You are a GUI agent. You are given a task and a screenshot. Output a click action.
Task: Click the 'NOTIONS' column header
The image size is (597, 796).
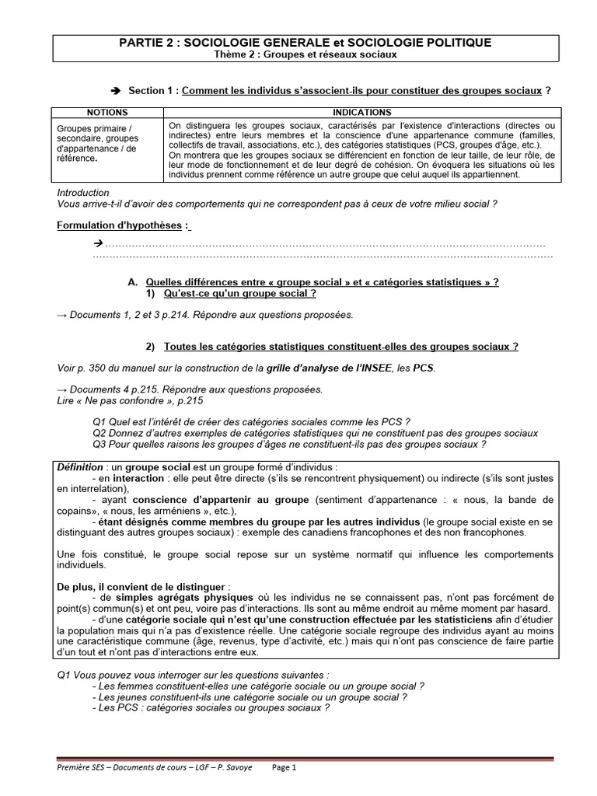click(107, 113)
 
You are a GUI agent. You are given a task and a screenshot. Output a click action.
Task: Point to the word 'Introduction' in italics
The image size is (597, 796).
click(83, 193)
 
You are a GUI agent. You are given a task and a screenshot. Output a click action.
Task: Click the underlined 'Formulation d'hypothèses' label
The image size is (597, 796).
click(120, 225)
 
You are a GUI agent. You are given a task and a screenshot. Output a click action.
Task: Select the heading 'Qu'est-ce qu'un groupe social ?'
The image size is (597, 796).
click(239, 294)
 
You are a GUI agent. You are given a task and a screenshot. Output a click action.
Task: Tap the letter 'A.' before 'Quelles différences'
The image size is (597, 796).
click(132, 282)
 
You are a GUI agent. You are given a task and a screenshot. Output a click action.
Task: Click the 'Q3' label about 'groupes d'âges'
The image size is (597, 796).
click(99, 445)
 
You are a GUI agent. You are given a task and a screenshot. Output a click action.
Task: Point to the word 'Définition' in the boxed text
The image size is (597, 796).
click(80, 466)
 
